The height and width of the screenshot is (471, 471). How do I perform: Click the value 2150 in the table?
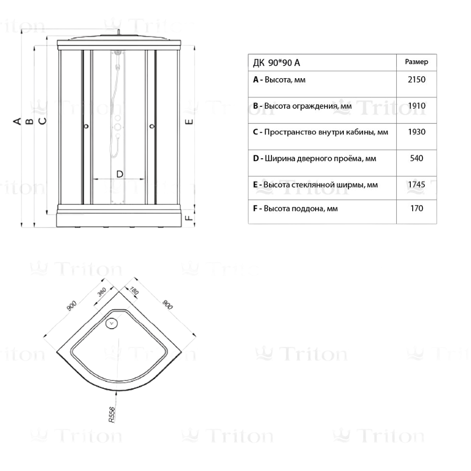416,80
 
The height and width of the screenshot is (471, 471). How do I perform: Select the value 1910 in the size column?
416,106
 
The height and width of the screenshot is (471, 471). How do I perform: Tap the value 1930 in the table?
416,132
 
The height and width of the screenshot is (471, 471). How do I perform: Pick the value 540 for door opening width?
416,158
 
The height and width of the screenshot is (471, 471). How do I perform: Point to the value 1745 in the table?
416,185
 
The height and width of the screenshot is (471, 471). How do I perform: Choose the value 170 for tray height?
417,208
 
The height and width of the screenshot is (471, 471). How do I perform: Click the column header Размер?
416,62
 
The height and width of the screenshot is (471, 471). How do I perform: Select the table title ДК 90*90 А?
276,63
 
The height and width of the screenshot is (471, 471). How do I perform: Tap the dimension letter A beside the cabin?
17,121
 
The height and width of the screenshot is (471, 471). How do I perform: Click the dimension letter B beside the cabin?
30,121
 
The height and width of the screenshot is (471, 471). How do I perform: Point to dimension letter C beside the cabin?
43,121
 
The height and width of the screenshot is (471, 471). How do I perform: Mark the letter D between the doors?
119,174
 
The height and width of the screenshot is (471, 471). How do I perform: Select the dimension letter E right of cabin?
189,121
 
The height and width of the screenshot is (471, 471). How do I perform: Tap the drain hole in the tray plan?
112,323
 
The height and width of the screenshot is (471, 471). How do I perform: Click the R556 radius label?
112,415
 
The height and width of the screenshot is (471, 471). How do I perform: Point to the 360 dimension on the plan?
102,292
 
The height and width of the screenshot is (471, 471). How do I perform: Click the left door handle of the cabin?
86,126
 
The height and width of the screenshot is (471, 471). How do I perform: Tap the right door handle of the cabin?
152,126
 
